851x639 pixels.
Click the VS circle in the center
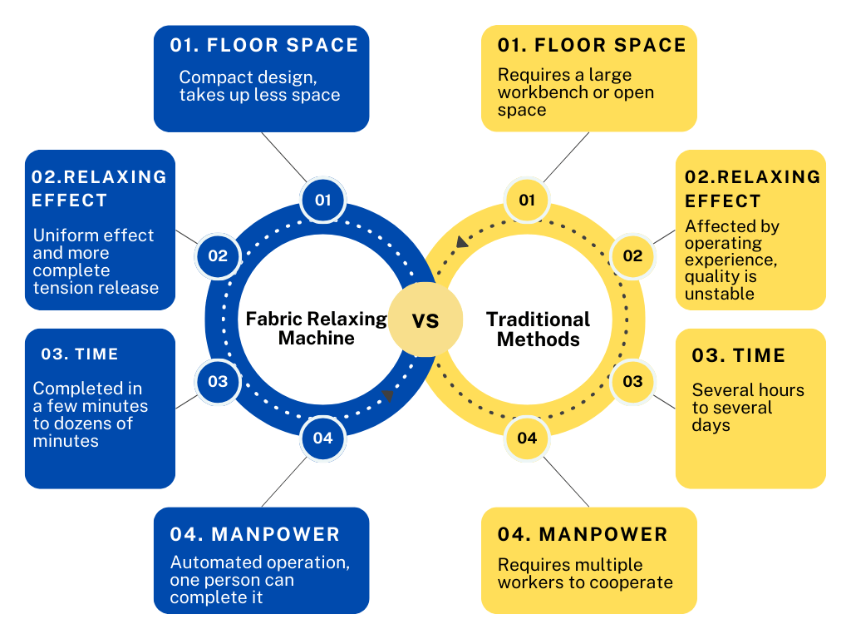pyautogui.click(x=425, y=319)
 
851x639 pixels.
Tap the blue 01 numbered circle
pyautogui.click(x=323, y=200)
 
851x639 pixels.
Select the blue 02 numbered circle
pyautogui.click(x=219, y=256)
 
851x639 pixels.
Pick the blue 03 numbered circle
pyautogui.click(x=219, y=381)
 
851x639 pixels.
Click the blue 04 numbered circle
pyautogui.click(x=323, y=438)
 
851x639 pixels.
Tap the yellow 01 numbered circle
pyautogui.click(x=527, y=200)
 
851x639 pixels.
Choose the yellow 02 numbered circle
pyautogui.click(x=632, y=256)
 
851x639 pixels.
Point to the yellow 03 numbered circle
pyautogui.click(x=632, y=381)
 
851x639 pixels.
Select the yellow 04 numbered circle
pyautogui.click(x=527, y=438)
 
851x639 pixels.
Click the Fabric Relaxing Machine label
pyautogui.click(x=317, y=328)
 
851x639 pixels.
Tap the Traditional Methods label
pyautogui.click(x=538, y=329)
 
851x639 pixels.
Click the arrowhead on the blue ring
pyautogui.click(x=388, y=395)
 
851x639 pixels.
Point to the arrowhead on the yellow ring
pyautogui.click(x=462, y=242)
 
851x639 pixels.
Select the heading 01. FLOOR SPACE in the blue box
pyautogui.click(x=264, y=45)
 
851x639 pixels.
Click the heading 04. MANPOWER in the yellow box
pyautogui.click(x=583, y=534)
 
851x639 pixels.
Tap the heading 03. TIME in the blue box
pyautogui.click(x=80, y=354)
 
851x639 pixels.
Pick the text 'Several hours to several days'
pyautogui.click(x=748, y=408)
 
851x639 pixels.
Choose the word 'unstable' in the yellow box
pyautogui.click(x=720, y=294)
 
